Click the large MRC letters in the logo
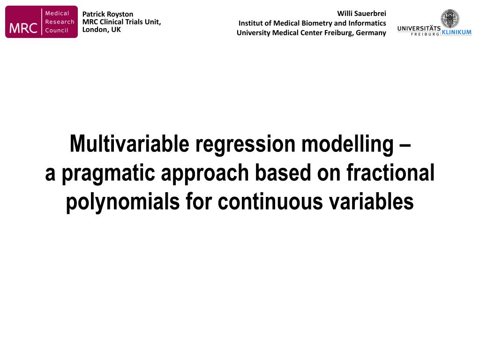tap(23, 28)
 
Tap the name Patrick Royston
tap(108, 14)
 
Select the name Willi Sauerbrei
tap(361, 14)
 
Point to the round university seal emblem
tap(450, 19)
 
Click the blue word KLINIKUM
tap(456, 32)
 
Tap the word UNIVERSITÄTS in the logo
tap(419, 29)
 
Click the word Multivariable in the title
tap(129, 143)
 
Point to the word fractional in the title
tap(390, 172)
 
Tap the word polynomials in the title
tap(123, 202)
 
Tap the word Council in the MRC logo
tap(57, 30)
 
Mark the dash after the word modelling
tap(405, 146)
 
